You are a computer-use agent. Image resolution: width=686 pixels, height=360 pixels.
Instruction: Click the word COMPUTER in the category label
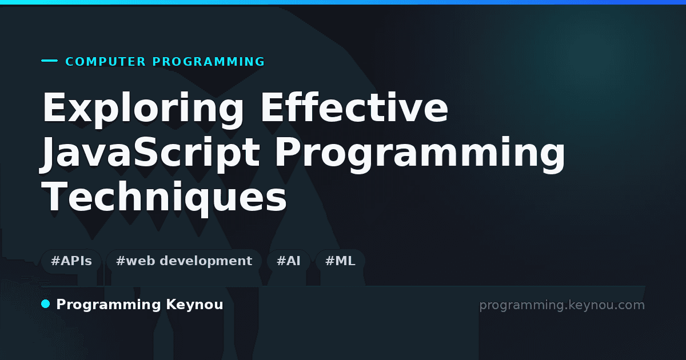(x=105, y=62)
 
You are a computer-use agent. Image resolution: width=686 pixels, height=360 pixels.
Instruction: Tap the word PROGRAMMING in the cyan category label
(x=208, y=62)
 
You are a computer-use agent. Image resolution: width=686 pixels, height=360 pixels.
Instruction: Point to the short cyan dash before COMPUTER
(x=49, y=61)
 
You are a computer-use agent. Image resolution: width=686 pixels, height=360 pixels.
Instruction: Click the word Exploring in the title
(x=143, y=109)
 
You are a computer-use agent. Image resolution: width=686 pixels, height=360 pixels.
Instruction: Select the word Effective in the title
(x=354, y=107)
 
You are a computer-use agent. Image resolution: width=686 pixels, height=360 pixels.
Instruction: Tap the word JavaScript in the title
(x=149, y=153)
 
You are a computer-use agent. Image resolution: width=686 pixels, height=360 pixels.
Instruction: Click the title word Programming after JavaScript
(x=420, y=153)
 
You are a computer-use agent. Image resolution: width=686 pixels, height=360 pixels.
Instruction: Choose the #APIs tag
(x=71, y=261)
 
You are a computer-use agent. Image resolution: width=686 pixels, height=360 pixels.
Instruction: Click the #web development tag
(x=184, y=261)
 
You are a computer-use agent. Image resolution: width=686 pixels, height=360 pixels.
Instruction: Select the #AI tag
(x=289, y=261)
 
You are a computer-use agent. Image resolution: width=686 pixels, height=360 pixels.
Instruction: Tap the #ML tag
(x=340, y=261)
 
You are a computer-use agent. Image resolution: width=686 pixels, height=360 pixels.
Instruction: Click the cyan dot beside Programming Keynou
(x=46, y=304)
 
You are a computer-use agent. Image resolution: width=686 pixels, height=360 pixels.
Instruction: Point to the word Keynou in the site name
(x=194, y=305)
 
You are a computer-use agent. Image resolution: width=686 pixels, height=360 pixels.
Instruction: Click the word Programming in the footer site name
(x=109, y=305)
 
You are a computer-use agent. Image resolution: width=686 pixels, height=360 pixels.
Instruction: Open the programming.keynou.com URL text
(x=562, y=305)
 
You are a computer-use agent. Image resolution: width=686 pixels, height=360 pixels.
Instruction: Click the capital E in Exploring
(x=54, y=107)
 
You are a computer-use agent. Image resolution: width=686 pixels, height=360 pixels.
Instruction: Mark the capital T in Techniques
(x=55, y=196)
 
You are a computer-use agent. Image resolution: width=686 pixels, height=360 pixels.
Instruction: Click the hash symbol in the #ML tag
(x=330, y=261)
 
